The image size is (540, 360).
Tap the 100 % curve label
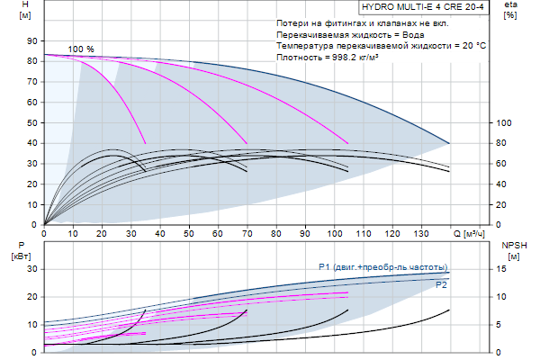pos(81,49)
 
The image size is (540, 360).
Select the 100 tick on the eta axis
pos(505,123)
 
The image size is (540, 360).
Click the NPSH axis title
pos(512,245)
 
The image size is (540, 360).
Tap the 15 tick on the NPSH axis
pos(505,269)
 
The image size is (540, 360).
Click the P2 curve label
pos(441,284)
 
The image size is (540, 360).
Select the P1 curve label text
pos(382,267)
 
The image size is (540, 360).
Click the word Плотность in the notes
pos(302,57)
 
